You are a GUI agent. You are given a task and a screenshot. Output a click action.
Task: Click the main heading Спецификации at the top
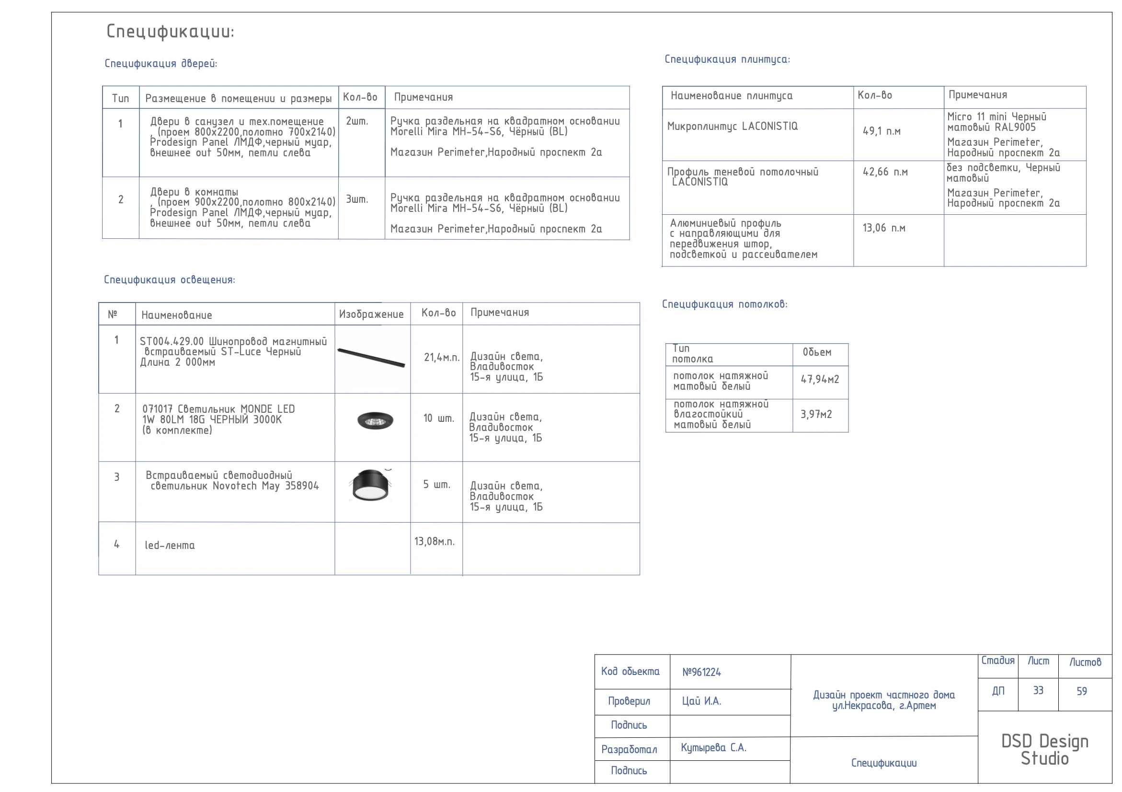(x=170, y=31)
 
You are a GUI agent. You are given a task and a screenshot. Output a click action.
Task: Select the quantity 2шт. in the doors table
(x=357, y=121)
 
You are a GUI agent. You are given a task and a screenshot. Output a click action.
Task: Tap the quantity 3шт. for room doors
(x=357, y=199)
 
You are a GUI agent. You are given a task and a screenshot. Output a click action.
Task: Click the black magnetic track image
(x=371, y=357)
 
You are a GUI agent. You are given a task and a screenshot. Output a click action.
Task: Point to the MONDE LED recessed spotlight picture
(x=375, y=420)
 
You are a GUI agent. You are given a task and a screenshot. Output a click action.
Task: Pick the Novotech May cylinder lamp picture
(x=371, y=485)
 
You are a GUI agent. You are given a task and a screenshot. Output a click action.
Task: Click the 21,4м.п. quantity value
(x=441, y=357)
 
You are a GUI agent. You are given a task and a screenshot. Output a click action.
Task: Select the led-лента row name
(x=170, y=545)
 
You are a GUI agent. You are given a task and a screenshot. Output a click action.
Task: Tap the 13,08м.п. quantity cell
(x=435, y=541)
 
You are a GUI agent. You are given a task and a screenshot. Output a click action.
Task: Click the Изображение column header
(x=371, y=314)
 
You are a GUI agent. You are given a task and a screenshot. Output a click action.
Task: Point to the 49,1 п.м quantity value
(x=881, y=131)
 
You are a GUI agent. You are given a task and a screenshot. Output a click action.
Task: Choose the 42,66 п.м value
(x=884, y=172)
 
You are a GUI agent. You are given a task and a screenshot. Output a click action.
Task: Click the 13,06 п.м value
(x=883, y=228)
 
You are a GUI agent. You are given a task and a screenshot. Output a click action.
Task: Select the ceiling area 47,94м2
(x=820, y=379)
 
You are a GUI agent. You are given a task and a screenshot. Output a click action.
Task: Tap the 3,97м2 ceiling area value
(x=815, y=415)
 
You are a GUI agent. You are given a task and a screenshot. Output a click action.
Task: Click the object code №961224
(x=701, y=672)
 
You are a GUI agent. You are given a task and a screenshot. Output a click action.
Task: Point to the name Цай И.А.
(x=701, y=701)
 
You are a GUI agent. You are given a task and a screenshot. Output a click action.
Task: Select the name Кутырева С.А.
(x=713, y=747)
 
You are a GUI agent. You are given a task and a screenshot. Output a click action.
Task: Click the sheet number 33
(x=1038, y=690)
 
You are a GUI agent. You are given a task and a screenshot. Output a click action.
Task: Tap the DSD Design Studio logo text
(x=1045, y=749)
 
